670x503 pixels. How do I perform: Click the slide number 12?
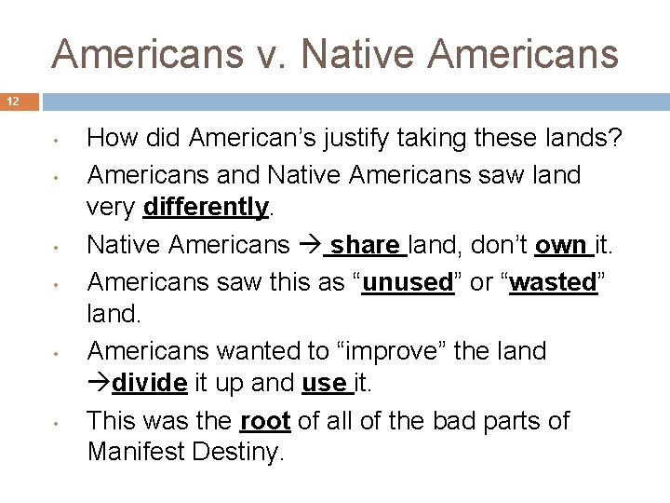click(x=14, y=102)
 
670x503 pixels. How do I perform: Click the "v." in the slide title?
click(x=272, y=54)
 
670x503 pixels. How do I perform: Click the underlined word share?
click(x=365, y=245)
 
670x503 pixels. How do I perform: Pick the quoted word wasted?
click(x=556, y=282)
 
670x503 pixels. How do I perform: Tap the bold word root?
click(x=265, y=421)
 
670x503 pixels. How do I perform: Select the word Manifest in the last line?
click(x=133, y=453)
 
